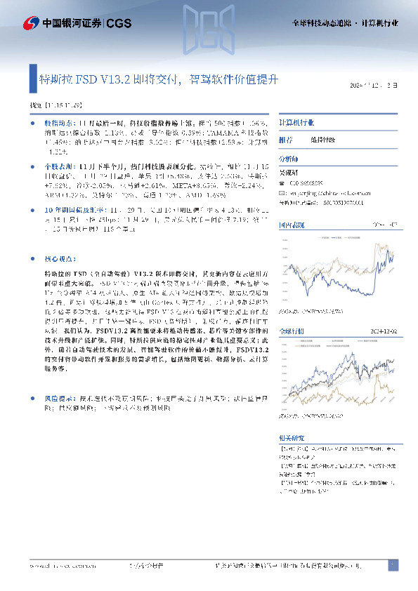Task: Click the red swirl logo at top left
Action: click(x=30, y=23)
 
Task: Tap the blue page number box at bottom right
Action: click(x=393, y=564)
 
